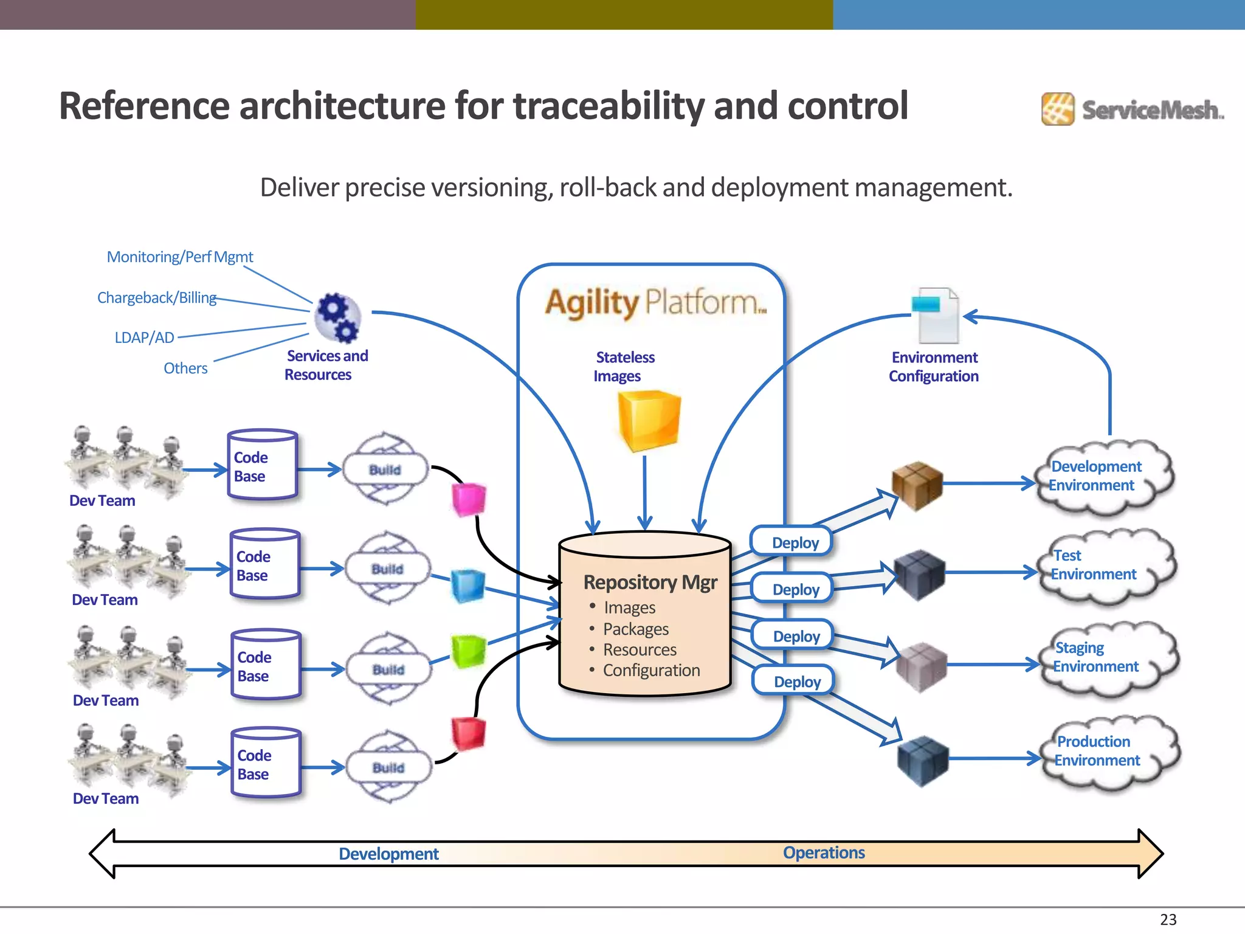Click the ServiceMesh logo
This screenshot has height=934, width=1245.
(1133, 109)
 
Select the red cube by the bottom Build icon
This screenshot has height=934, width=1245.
(468, 733)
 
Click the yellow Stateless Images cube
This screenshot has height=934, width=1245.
(649, 421)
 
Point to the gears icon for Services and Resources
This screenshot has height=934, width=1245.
(337, 318)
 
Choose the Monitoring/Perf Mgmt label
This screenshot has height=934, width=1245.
(180, 257)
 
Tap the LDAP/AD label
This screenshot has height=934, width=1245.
(145, 337)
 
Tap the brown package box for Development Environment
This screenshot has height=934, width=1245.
(917, 485)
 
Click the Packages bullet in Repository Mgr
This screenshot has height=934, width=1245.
(635, 629)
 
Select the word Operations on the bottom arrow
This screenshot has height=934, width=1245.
(823, 853)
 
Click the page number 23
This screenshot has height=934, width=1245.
(1168, 919)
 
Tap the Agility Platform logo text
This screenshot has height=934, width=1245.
(655, 302)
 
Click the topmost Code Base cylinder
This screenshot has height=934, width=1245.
(263, 465)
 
